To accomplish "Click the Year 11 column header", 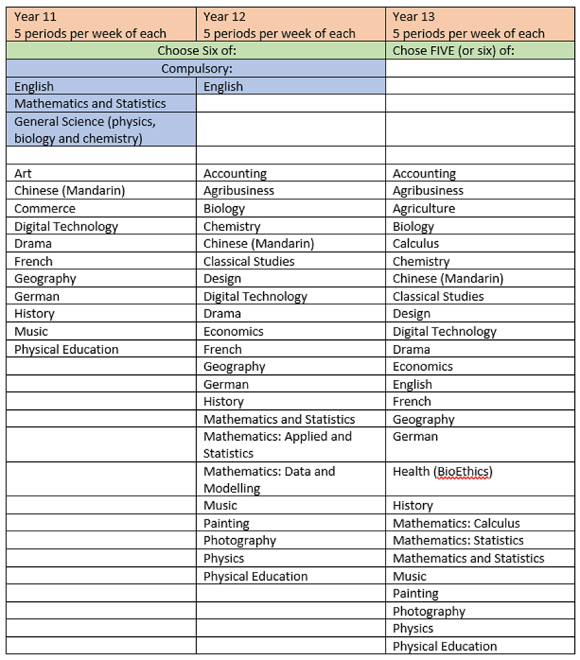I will pos(102,25).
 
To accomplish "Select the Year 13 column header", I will pos(479,25).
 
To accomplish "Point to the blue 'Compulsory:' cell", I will pos(196,69).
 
